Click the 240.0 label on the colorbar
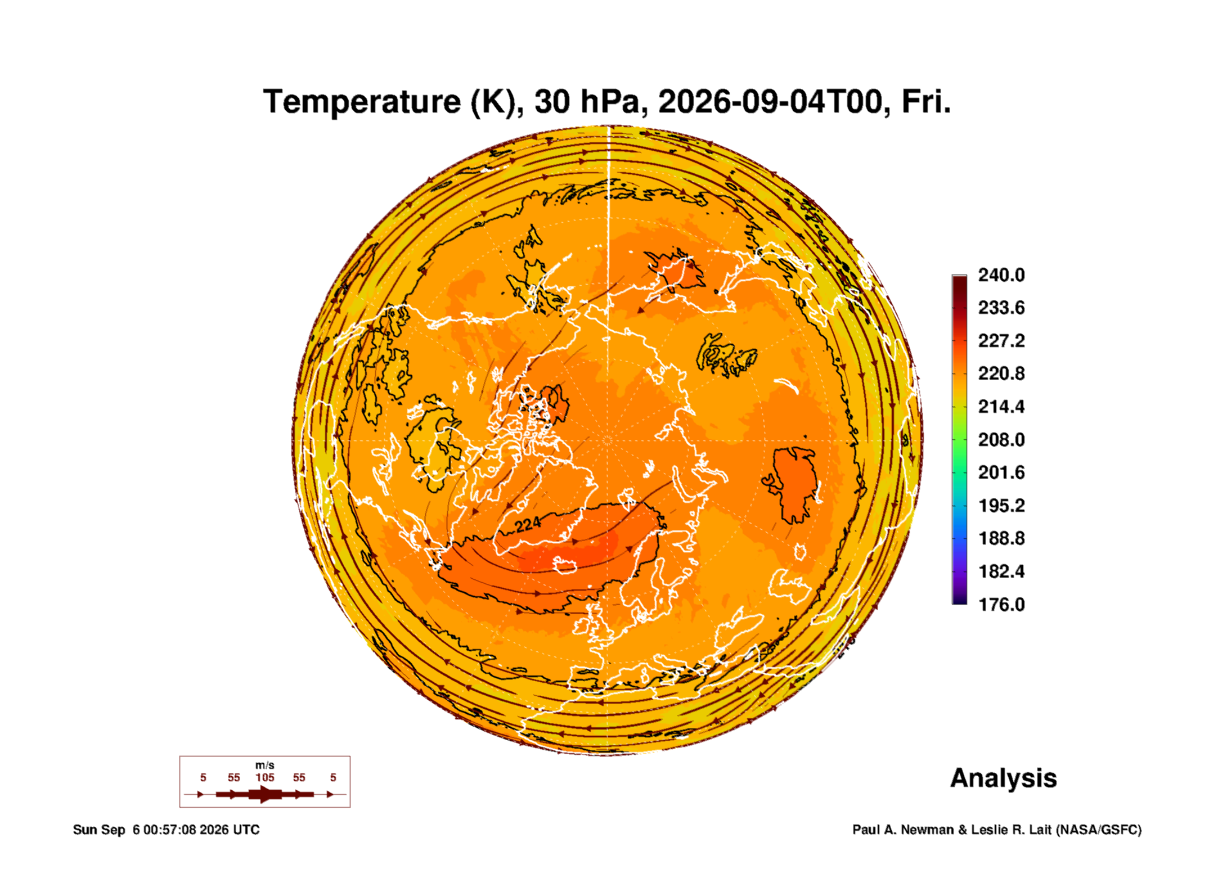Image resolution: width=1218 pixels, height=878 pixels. pyautogui.click(x=1001, y=275)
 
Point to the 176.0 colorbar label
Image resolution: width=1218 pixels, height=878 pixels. pyautogui.click(x=1001, y=605)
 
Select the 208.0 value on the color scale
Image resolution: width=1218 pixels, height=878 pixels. pyautogui.click(x=1001, y=439)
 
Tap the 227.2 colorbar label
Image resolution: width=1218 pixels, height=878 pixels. pyautogui.click(x=1001, y=341)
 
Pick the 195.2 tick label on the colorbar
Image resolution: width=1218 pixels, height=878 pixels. pyautogui.click(x=1001, y=506)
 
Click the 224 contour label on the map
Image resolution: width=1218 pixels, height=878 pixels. pyautogui.click(x=528, y=525)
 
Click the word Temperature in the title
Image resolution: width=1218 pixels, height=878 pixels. pyautogui.click(x=362, y=102)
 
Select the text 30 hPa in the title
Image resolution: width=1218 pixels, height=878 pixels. pyautogui.click(x=586, y=102)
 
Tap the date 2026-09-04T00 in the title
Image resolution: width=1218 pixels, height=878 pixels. pyautogui.click(x=770, y=102)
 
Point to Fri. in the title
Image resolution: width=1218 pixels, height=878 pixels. pyautogui.click(x=926, y=102)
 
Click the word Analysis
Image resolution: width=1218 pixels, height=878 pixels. pyautogui.click(x=1004, y=778)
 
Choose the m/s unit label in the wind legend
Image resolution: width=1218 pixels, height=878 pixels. pyautogui.click(x=264, y=765)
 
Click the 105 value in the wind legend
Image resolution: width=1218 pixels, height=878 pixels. pyautogui.click(x=264, y=777)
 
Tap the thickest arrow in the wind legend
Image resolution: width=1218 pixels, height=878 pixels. pyautogui.click(x=265, y=794)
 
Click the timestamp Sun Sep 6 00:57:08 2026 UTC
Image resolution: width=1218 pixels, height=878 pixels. pyautogui.click(x=166, y=830)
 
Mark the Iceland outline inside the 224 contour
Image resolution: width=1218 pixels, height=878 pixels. pyautogui.click(x=565, y=565)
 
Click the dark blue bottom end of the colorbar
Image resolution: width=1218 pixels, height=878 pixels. pyautogui.click(x=959, y=601)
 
